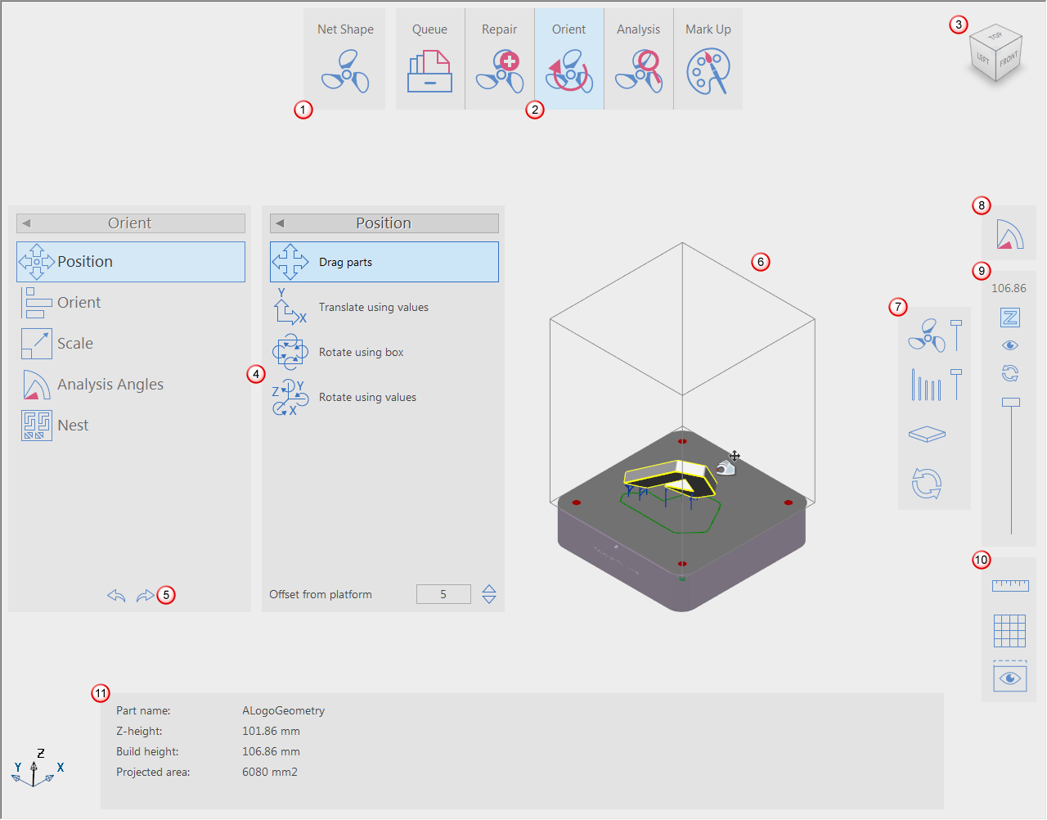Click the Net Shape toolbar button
[345, 59]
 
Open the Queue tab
[429, 59]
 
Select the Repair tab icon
[500, 71]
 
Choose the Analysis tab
[638, 59]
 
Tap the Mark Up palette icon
[708, 71]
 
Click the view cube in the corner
[995, 53]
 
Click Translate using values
[374, 307]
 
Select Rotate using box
[361, 353]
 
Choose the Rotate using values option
[367, 397]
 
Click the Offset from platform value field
[443, 594]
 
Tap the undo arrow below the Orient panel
[116, 596]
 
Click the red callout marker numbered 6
[761, 262]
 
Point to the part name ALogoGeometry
[283, 711]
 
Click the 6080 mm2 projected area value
[270, 773]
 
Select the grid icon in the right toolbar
[1010, 632]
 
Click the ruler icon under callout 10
[1010, 586]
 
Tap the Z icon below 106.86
[1010, 318]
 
